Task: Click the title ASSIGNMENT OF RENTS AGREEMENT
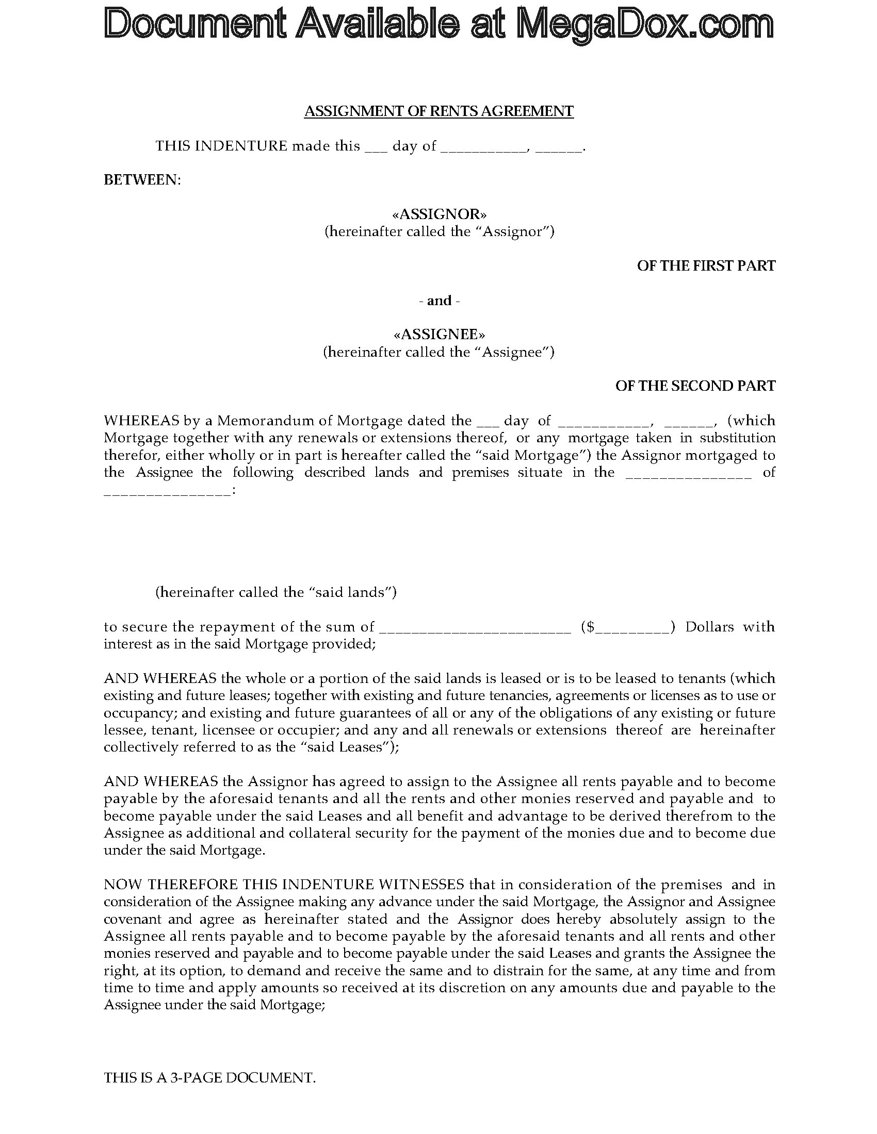(438, 111)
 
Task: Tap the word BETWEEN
(142, 180)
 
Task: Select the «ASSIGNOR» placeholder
(439, 214)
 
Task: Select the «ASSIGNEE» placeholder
(439, 334)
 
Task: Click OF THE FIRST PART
(706, 266)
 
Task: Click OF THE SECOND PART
(695, 386)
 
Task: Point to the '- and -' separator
(439, 301)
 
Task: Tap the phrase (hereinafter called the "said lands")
(276, 592)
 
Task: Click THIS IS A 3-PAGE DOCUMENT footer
(209, 1077)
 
